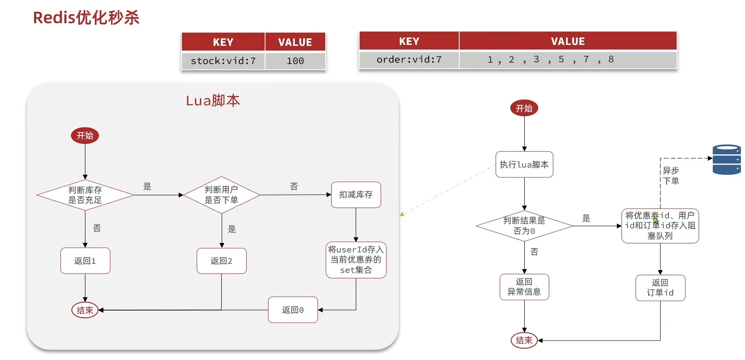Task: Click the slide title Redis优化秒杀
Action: (x=86, y=18)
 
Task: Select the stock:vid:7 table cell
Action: (x=223, y=60)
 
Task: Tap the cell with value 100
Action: (x=295, y=60)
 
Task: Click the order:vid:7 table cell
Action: (x=409, y=59)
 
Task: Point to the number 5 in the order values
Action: (x=561, y=59)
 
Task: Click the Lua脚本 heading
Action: (x=213, y=100)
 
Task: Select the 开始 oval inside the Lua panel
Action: (x=85, y=136)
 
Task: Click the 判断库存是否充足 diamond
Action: (x=85, y=195)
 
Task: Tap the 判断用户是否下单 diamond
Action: (x=222, y=195)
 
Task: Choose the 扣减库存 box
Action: (x=356, y=195)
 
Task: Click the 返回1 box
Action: (x=85, y=261)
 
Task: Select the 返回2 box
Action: (x=222, y=261)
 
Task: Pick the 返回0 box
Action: (x=293, y=310)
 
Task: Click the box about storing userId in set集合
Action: (x=356, y=260)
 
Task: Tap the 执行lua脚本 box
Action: (x=524, y=164)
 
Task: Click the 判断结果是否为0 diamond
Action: (x=524, y=226)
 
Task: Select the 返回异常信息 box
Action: (x=524, y=287)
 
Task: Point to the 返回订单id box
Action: (x=660, y=288)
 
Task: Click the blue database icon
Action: (x=727, y=159)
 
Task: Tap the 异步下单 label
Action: (x=671, y=176)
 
